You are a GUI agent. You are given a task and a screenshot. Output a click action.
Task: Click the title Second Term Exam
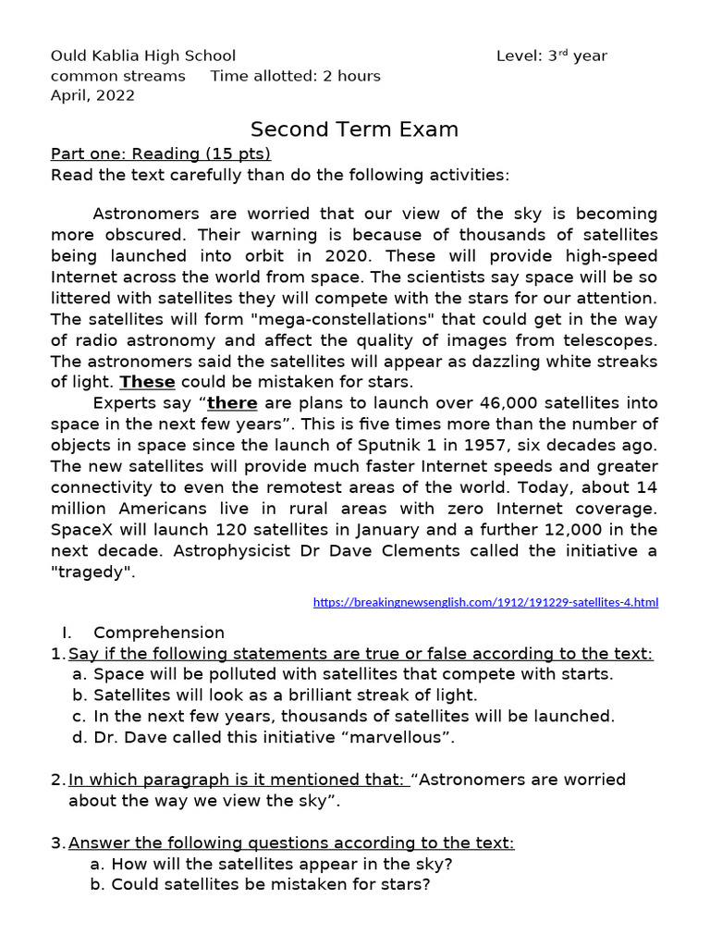tap(355, 129)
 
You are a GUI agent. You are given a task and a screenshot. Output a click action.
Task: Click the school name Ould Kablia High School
tap(143, 55)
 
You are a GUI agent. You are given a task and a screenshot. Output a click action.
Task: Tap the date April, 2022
tap(92, 95)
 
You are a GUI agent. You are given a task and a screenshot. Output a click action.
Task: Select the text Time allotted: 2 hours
tap(295, 76)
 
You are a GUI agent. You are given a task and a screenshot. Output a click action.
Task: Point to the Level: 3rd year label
tap(552, 55)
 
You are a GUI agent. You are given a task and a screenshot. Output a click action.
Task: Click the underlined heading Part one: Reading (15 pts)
tap(161, 154)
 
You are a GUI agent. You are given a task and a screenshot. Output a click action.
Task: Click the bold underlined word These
tap(148, 382)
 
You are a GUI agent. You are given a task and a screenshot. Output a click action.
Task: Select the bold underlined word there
tap(232, 402)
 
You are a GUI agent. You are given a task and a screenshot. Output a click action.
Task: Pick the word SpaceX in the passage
tap(83, 530)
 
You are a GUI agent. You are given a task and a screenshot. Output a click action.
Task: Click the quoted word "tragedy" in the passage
tap(93, 572)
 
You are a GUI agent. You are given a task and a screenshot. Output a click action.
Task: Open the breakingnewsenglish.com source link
tap(485, 602)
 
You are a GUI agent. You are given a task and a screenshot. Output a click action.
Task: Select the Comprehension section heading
tap(159, 633)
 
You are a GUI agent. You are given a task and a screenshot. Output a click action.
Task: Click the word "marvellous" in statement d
tap(400, 737)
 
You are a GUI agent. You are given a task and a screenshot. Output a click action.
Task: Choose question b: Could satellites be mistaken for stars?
tap(261, 885)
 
